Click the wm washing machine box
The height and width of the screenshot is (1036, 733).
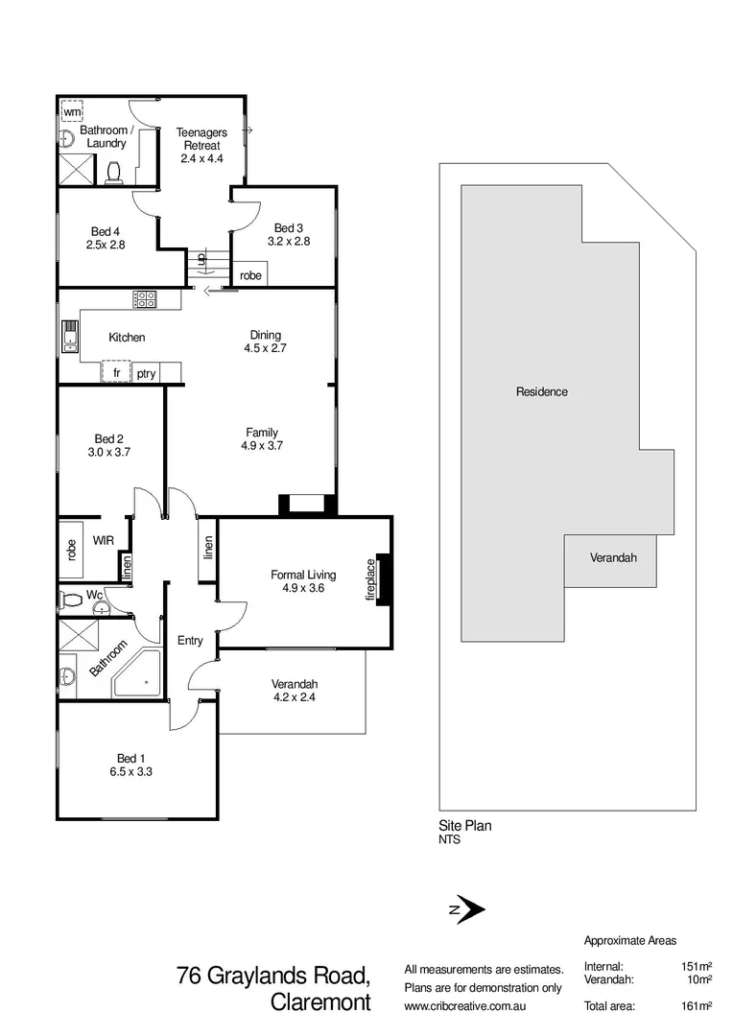72,112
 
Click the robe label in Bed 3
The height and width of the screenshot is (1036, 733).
250,275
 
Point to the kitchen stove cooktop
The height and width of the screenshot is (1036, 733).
145,299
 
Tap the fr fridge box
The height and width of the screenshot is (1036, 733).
116,373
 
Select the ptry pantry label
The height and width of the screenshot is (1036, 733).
146,374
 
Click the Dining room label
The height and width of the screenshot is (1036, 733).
266,335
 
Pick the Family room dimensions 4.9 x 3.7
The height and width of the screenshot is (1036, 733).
262,445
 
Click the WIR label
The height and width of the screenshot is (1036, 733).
104,541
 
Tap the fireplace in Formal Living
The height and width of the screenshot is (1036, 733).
382,579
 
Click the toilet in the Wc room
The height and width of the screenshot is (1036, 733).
70,600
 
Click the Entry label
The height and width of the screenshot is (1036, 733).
190,640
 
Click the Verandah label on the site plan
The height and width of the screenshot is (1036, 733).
612,557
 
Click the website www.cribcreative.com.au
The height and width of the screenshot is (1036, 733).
464,1006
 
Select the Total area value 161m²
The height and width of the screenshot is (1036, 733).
696,1006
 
